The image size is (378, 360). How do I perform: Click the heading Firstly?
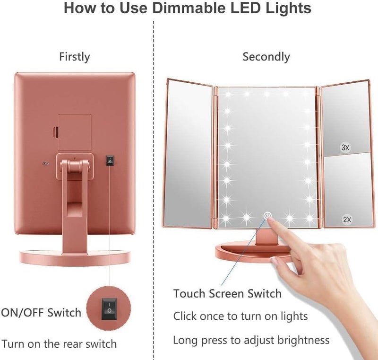coord(74,57)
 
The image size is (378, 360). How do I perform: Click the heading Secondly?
coord(266,57)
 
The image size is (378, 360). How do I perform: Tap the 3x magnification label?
coord(345,148)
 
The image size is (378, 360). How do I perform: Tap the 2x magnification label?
coord(346,220)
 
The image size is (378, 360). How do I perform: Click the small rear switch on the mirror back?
coord(110,160)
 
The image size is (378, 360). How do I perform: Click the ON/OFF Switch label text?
coord(41,312)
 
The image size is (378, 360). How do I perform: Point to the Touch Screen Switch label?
coord(227,293)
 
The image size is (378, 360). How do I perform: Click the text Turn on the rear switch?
coord(59,343)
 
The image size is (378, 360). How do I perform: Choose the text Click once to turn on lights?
coord(241,316)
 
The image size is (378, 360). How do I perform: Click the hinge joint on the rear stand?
coord(74,166)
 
